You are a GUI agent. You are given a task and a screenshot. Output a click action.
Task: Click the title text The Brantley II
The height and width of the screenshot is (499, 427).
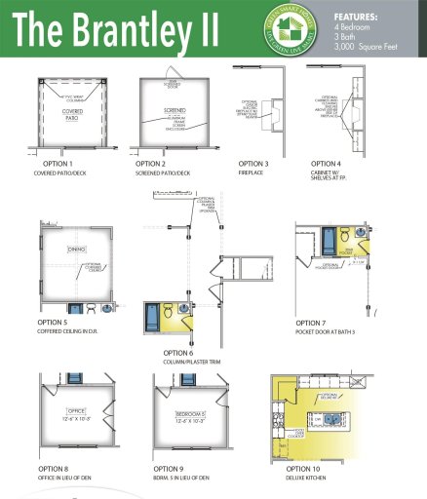[117, 31]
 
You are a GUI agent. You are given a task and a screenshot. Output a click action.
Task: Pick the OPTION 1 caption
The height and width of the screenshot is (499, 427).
[56, 164]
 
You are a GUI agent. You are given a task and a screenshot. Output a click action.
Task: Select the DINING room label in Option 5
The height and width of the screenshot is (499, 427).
[76, 249]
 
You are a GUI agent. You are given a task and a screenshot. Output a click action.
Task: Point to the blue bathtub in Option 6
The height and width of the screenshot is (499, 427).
[153, 319]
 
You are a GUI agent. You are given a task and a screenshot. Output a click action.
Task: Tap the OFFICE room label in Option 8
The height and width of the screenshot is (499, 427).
[78, 412]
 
